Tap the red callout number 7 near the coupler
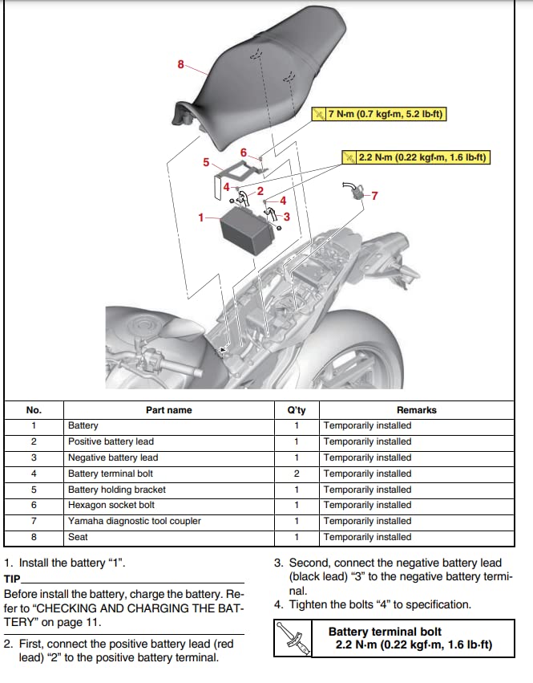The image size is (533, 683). pos(374,195)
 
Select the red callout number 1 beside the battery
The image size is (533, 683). pos(202,217)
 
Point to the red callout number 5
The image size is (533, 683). pos(206,162)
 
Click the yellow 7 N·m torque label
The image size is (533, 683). pos(378,115)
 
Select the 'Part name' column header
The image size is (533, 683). pos(168,410)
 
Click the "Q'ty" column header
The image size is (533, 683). pos(296,410)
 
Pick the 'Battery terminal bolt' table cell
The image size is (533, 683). pos(111,474)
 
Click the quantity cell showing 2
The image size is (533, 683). pos(296,474)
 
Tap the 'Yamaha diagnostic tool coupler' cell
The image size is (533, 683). pos(135,521)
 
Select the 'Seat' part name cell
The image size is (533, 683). pos(79,537)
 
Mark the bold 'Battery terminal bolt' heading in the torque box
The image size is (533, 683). pos(385,632)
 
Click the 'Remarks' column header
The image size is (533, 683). pos(416,410)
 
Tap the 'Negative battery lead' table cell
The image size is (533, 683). pos(113,457)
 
